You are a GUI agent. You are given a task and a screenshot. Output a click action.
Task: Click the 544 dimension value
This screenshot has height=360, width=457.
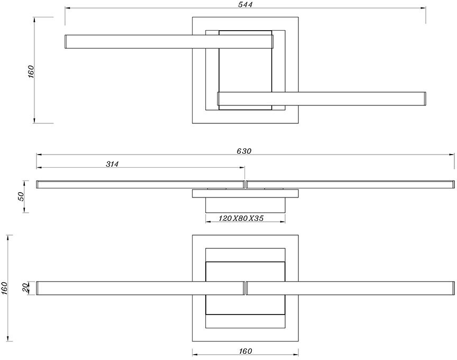point(245,5)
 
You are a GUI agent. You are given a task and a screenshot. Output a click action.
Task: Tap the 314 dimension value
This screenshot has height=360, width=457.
point(112,164)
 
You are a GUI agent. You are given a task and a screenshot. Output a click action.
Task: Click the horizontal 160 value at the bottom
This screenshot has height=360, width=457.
point(245,351)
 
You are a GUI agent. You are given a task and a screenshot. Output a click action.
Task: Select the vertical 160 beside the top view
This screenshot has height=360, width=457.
point(30,71)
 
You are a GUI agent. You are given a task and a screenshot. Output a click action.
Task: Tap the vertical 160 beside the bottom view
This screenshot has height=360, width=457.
point(5,288)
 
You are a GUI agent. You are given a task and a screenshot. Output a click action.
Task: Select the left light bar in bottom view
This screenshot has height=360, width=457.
point(140,288)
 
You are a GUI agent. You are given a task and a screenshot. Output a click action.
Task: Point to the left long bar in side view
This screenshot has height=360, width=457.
point(140,184)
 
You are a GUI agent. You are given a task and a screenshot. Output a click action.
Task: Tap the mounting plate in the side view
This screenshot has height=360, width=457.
point(245,193)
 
